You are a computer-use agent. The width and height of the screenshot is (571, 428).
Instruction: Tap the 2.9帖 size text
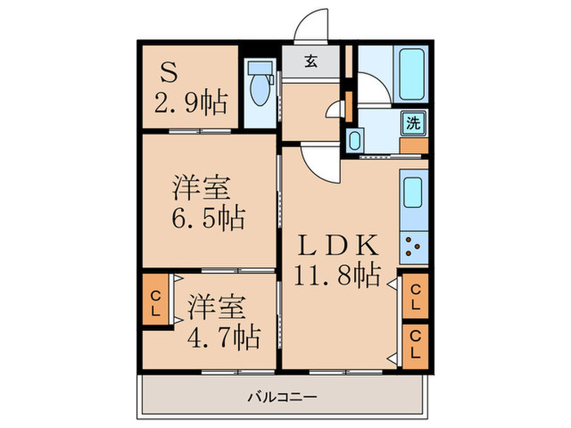[191, 104]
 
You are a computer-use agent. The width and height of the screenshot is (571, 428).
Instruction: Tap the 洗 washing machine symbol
[414, 125]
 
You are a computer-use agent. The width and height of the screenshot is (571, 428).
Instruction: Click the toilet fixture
[260, 88]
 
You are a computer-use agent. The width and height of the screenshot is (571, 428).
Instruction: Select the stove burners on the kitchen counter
[414, 241]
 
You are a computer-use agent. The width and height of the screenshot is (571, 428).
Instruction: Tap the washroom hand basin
[355, 140]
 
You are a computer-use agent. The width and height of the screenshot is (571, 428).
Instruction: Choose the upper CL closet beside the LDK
[414, 297]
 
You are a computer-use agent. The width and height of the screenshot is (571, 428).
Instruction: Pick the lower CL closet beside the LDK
[414, 345]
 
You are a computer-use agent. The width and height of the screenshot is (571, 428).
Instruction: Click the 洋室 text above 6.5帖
[200, 188]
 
